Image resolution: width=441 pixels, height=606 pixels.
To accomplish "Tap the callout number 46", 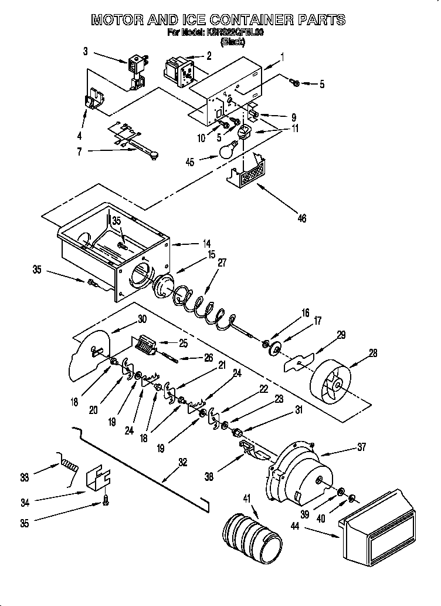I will (301, 219).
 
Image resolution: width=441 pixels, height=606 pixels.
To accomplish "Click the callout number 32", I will (183, 462).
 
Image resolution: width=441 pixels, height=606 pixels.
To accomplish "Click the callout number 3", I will (86, 52).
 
